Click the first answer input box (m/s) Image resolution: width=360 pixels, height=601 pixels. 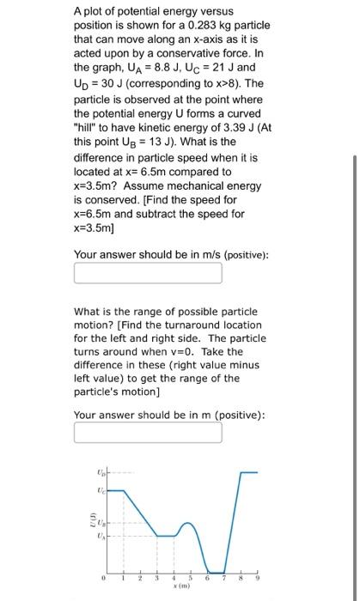click(x=148, y=273)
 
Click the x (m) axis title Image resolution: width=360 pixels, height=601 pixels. click(x=182, y=592)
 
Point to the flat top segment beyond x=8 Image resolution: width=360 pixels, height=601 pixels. click(x=248, y=472)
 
